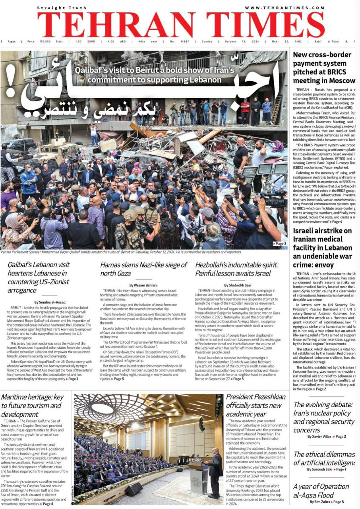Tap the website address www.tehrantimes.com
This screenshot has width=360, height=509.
pyautogui.click(x=284, y=8)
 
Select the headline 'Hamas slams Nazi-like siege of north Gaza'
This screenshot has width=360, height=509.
pyautogui.click(x=143, y=269)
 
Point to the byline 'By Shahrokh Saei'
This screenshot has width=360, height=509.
pyautogui.click(x=238, y=285)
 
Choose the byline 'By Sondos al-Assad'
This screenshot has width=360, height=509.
pyautogui.click(x=50, y=302)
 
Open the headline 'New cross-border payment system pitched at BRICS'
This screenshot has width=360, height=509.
pyautogui.click(x=323, y=68)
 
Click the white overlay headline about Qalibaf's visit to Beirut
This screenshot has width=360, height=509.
pyautogui.click(x=155, y=75)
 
